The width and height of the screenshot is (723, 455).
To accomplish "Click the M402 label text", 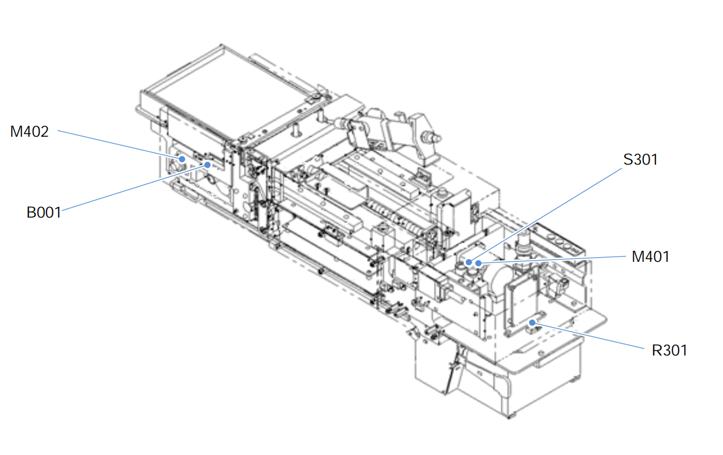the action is coord(29,131).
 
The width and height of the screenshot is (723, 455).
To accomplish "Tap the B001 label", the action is coord(44,212).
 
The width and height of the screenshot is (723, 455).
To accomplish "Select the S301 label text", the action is coord(640,159).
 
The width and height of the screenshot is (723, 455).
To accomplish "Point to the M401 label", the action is coord(650,257).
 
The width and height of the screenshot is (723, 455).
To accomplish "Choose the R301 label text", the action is coord(669,350).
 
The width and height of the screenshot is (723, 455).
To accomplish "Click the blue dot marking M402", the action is coord(182,159).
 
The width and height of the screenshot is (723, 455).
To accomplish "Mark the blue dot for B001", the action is coord(208,165).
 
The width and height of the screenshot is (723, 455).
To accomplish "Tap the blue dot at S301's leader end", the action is coord(469,262).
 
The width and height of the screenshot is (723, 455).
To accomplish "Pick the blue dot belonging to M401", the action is coord(479,264).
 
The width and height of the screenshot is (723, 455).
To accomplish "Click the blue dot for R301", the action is coord(532,323).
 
